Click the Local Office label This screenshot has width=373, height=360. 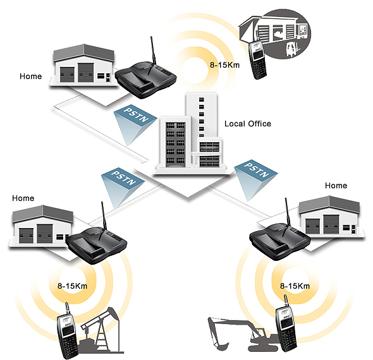click(x=248, y=124)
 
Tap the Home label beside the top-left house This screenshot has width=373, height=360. click(x=31, y=76)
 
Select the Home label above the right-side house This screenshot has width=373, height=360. click(x=336, y=185)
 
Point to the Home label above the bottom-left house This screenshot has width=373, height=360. click(x=23, y=198)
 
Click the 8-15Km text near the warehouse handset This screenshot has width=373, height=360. click(x=224, y=65)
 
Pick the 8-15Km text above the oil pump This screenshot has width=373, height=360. click(x=72, y=285)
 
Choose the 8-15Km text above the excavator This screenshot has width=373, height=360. click(x=295, y=285)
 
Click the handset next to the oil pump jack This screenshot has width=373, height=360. click(x=68, y=331)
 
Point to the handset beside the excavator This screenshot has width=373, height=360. click(x=286, y=323)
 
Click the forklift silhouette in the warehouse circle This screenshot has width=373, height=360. click(x=292, y=49)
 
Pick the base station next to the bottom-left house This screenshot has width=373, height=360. click(x=96, y=245)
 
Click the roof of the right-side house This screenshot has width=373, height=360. click(x=329, y=204)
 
